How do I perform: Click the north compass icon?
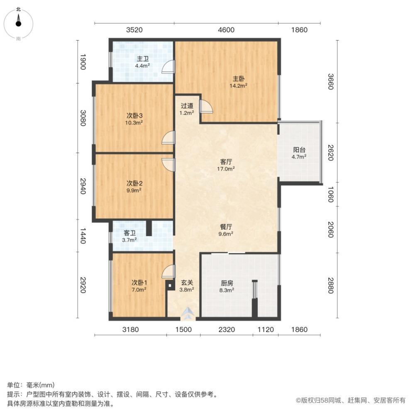[x=18, y=23]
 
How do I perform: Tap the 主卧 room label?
[x=239, y=78]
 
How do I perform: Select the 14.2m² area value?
[x=239, y=85]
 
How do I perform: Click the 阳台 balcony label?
[x=299, y=150]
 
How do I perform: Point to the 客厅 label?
[x=226, y=162]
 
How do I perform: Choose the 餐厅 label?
[x=226, y=227]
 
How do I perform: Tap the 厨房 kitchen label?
[x=227, y=283]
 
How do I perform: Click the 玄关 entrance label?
[x=187, y=283]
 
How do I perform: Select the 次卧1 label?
[x=139, y=283]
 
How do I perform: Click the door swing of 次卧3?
[x=168, y=138]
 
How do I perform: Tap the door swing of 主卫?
[x=168, y=66]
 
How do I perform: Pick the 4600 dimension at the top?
[x=226, y=29]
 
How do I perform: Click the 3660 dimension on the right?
[x=330, y=81]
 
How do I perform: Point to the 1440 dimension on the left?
[x=83, y=236]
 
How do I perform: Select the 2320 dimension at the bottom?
[x=227, y=330]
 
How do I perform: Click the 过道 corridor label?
[x=187, y=106]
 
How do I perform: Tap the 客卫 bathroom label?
[x=129, y=233]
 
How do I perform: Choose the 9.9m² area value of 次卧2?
[x=134, y=190]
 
